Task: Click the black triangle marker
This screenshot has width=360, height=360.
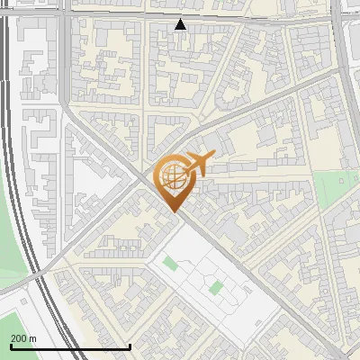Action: point(181,25)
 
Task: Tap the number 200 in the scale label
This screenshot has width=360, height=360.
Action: point(18,338)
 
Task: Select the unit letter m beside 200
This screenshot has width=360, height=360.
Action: point(33,338)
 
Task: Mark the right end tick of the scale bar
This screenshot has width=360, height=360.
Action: point(130,346)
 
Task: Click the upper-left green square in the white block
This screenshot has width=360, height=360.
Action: point(169,264)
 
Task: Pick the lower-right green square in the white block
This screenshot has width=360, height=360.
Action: point(216,288)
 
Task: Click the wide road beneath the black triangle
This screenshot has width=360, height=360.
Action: point(198,15)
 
